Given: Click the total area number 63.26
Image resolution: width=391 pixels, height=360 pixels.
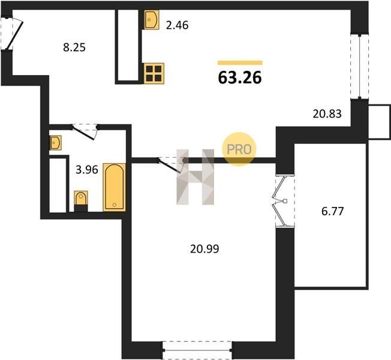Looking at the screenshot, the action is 240,77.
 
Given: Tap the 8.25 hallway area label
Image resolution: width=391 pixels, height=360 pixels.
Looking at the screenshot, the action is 74,47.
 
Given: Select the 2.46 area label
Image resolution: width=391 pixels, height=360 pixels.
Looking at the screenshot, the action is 177,25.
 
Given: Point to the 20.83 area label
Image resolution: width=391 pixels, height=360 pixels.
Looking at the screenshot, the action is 327,114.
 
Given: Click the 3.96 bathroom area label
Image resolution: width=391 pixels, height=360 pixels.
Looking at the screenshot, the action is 87,170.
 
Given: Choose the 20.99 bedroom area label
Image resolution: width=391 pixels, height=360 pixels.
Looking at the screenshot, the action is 204,249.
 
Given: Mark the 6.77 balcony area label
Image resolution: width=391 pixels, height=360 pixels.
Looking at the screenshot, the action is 333,211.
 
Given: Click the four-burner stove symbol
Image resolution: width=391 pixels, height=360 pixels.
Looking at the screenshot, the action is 154,74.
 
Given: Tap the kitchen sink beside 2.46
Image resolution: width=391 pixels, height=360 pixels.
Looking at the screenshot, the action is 151,20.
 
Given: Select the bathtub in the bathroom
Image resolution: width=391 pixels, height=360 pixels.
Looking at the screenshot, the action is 114,187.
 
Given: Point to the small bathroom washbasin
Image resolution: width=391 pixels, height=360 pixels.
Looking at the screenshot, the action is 56,143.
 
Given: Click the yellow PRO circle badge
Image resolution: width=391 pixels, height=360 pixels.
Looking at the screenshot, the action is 239,149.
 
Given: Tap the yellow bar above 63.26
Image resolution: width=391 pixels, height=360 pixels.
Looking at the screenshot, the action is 240,62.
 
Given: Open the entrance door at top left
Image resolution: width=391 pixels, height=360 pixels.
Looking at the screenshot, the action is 12,34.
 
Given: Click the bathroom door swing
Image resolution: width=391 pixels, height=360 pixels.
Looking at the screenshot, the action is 85,132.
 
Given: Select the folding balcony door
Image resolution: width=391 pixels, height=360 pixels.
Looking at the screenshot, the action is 285,201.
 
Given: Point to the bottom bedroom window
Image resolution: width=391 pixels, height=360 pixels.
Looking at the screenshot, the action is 197,350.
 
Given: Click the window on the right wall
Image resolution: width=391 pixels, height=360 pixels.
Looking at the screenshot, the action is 359,67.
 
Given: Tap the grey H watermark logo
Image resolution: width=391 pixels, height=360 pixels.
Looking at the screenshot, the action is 195,177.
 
